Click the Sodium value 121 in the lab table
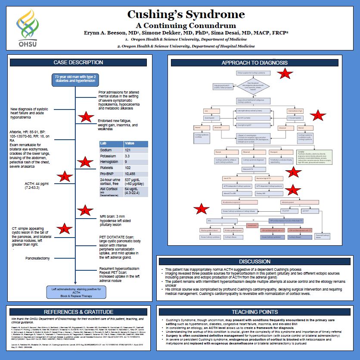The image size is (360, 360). pos(129,150)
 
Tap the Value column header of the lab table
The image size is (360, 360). pos(130,143)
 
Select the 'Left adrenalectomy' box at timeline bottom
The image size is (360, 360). pos(75,292)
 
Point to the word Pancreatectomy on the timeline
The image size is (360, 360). pos(37,258)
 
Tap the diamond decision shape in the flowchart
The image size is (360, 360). pos(252,86)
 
